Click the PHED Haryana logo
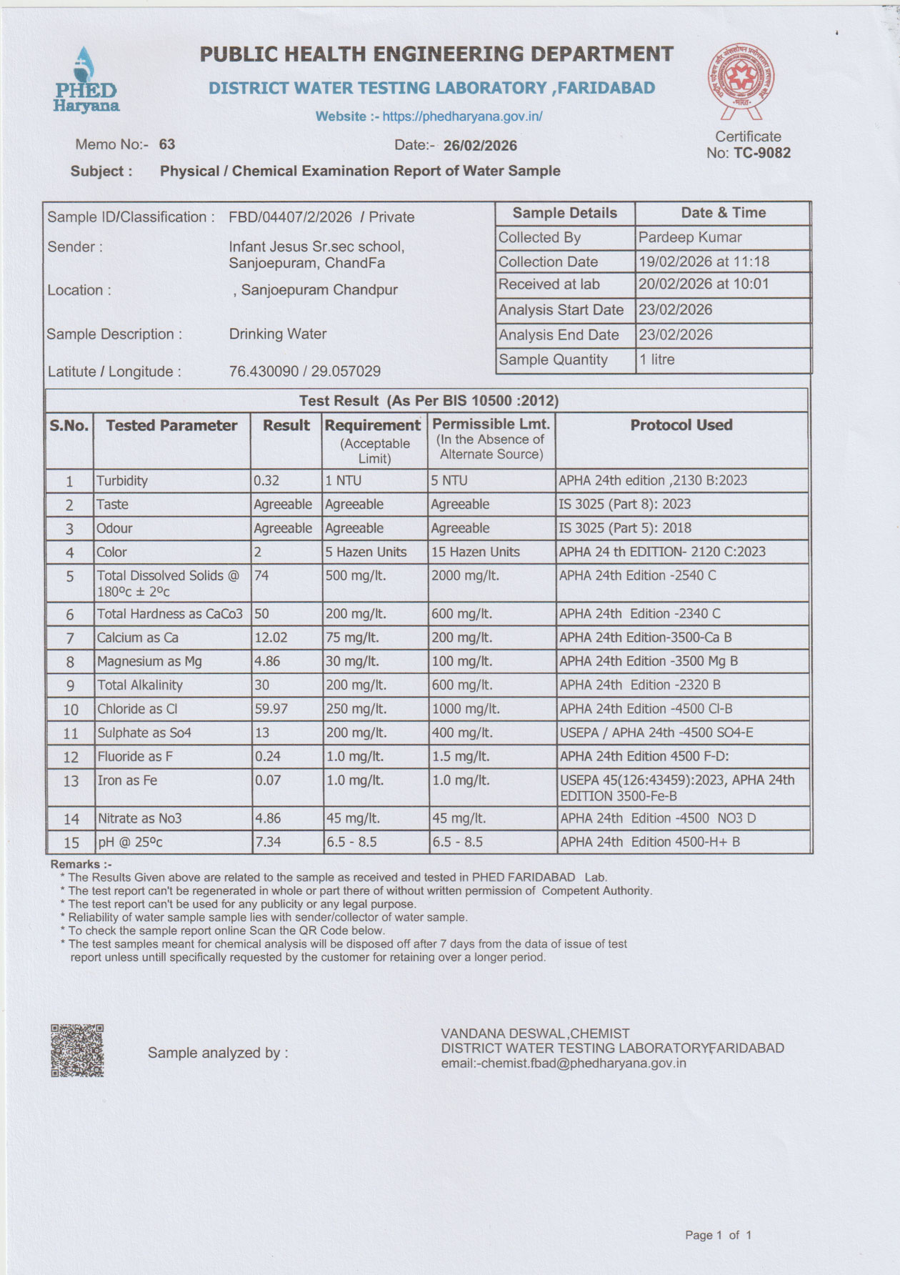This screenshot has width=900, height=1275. (x=86, y=80)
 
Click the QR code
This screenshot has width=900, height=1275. (x=77, y=1050)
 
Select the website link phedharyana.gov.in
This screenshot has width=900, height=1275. (x=462, y=116)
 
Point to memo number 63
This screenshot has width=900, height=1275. (x=167, y=144)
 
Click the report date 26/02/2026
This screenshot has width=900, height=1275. (x=480, y=146)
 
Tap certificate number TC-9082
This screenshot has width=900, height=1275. (x=761, y=153)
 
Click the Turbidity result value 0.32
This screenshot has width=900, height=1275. (x=266, y=481)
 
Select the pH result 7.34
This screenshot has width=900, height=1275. (x=268, y=842)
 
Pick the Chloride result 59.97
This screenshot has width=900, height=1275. (x=271, y=709)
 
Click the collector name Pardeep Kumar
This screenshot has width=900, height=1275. (x=689, y=237)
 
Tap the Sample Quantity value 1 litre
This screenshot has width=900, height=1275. (x=656, y=359)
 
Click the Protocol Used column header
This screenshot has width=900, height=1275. (x=681, y=425)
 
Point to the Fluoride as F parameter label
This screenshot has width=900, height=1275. (x=135, y=756)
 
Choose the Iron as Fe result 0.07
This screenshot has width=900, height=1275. (x=268, y=780)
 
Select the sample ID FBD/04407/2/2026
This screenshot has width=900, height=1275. (x=290, y=217)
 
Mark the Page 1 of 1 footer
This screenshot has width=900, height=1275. (x=718, y=1235)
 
